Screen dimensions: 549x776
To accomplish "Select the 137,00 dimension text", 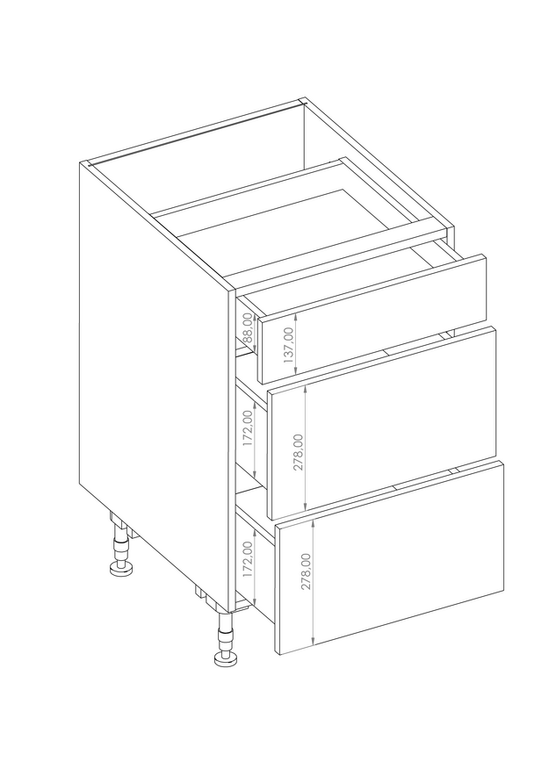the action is [x=289, y=344].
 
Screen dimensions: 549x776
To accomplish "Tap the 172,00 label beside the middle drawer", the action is [x=248, y=428].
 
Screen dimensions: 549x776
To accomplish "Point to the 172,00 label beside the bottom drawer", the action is [x=248, y=559].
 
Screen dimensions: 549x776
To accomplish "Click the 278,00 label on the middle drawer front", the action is [x=299, y=452].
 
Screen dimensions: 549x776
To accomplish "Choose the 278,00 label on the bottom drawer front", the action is [x=307, y=571].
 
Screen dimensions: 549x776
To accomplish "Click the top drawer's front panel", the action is [x=372, y=319].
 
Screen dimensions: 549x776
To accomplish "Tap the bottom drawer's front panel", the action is [x=390, y=558].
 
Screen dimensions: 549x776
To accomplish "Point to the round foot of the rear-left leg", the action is [x=121, y=569].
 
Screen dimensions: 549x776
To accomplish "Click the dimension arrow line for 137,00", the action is [x=295, y=343].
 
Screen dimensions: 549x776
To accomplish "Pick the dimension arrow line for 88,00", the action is [x=255, y=333].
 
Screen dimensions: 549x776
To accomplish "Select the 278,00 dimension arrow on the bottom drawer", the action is [x=314, y=583].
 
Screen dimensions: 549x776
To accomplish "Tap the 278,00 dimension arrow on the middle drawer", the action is [x=307, y=449].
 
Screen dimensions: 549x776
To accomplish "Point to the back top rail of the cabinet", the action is [x=196, y=133].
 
